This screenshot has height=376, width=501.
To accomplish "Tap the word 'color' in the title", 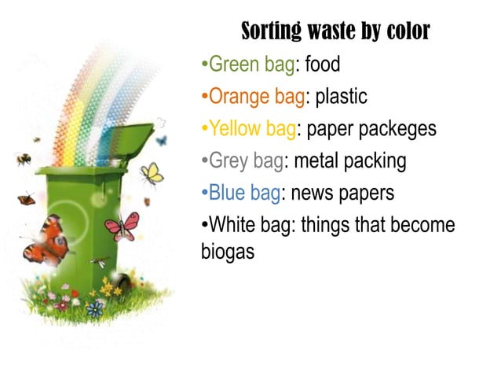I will (x=405, y=31).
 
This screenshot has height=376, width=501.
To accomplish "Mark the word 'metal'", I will (x=313, y=161).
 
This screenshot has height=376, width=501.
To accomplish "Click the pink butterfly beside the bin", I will (x=122, y=227).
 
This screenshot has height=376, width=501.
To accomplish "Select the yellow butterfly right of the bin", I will (x=152, y=172).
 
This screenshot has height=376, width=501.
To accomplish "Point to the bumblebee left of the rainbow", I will (x=23, y=159).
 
